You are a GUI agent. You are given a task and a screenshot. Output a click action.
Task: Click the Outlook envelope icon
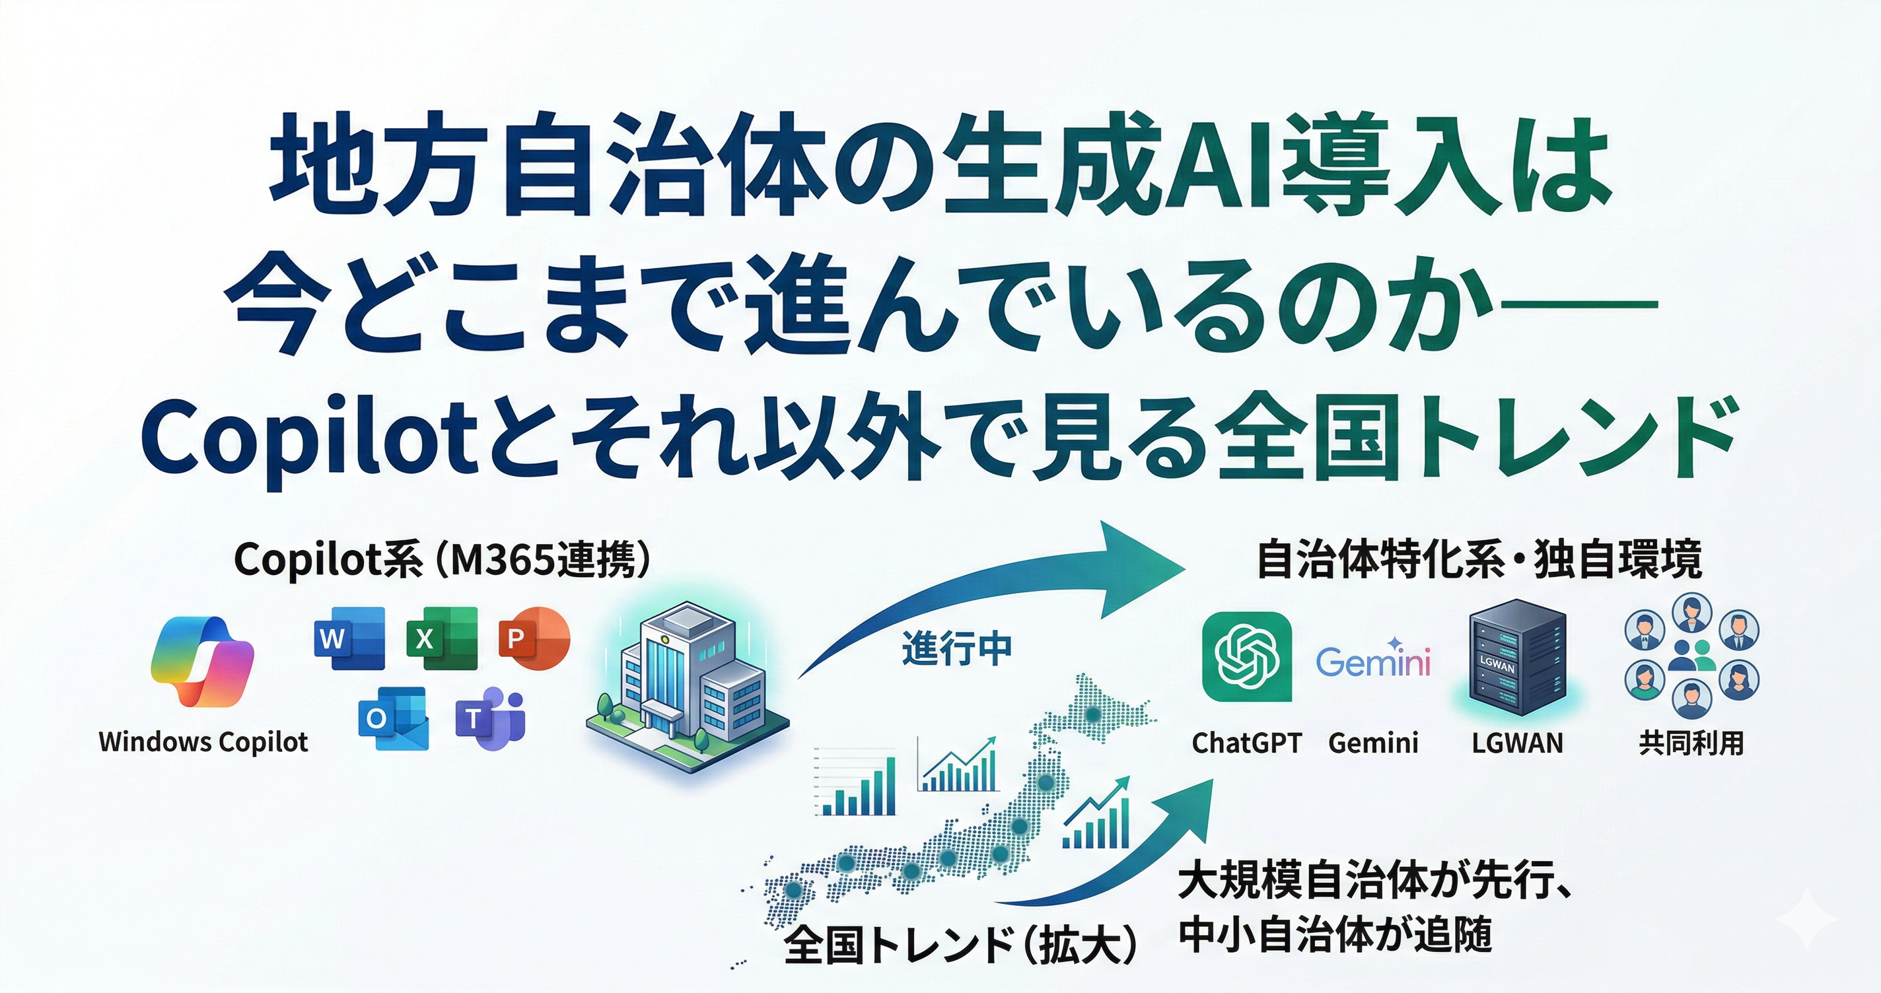pyautogui.click(x=393, y=718)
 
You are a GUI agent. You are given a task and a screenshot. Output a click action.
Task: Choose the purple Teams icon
pyautogui.click(x=490, y=718)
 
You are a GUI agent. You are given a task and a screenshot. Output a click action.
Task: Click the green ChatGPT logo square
pyautogui.click(x=1246, y=656)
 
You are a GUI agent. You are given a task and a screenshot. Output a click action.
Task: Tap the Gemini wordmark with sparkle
pyautogui.click(x=1373, y=660)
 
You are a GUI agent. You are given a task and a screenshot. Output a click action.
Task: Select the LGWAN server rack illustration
pyautogui.click(x=1517, y=661)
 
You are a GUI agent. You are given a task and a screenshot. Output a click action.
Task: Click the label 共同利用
pyautogui.click(x=1691, y=743)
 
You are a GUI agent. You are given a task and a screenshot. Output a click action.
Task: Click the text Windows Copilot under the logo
pyautogui.click(x=203, y=742)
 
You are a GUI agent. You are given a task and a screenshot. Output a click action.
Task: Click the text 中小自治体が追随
pyautogui.click(x=1335, y=935)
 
